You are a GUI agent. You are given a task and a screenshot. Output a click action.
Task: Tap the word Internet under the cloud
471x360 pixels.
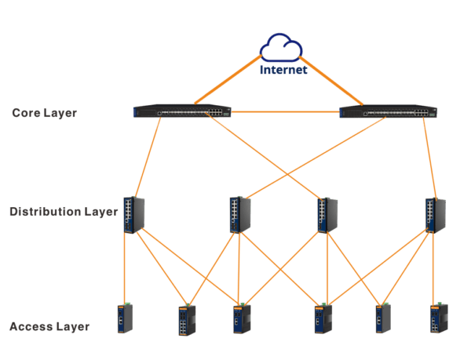point(284,71)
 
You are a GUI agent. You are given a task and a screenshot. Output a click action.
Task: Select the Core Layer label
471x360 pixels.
point(44,113)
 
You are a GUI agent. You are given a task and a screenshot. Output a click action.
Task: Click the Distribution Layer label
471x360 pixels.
point(63,212)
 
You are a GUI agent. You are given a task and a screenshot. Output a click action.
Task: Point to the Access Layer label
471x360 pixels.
point(49,326)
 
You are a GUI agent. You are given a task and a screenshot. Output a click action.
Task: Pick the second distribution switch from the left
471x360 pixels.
point(239,214)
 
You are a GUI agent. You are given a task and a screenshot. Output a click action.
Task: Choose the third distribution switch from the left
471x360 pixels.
point(326,214)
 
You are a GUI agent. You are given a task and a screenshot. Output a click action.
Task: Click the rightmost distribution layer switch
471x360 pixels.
point(434,213)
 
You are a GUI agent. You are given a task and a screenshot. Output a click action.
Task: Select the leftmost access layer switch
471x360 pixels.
point(124,318)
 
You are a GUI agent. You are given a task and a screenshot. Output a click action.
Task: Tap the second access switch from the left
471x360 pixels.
point(186,320)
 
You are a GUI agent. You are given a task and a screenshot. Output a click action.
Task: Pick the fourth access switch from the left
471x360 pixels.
point(322,318)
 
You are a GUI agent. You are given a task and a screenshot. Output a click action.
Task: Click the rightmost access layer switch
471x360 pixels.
point(437,318)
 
